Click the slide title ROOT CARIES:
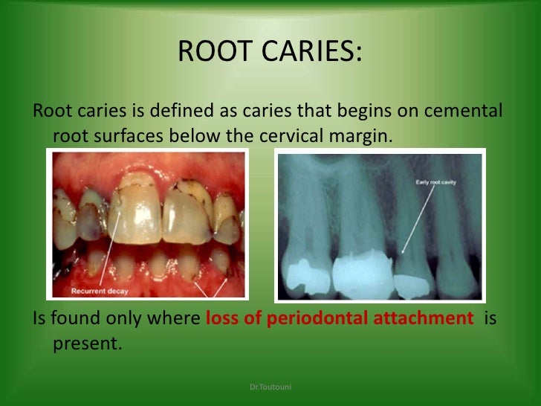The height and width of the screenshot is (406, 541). click(270, 52)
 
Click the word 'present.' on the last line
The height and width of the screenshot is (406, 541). click(85, 345)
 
